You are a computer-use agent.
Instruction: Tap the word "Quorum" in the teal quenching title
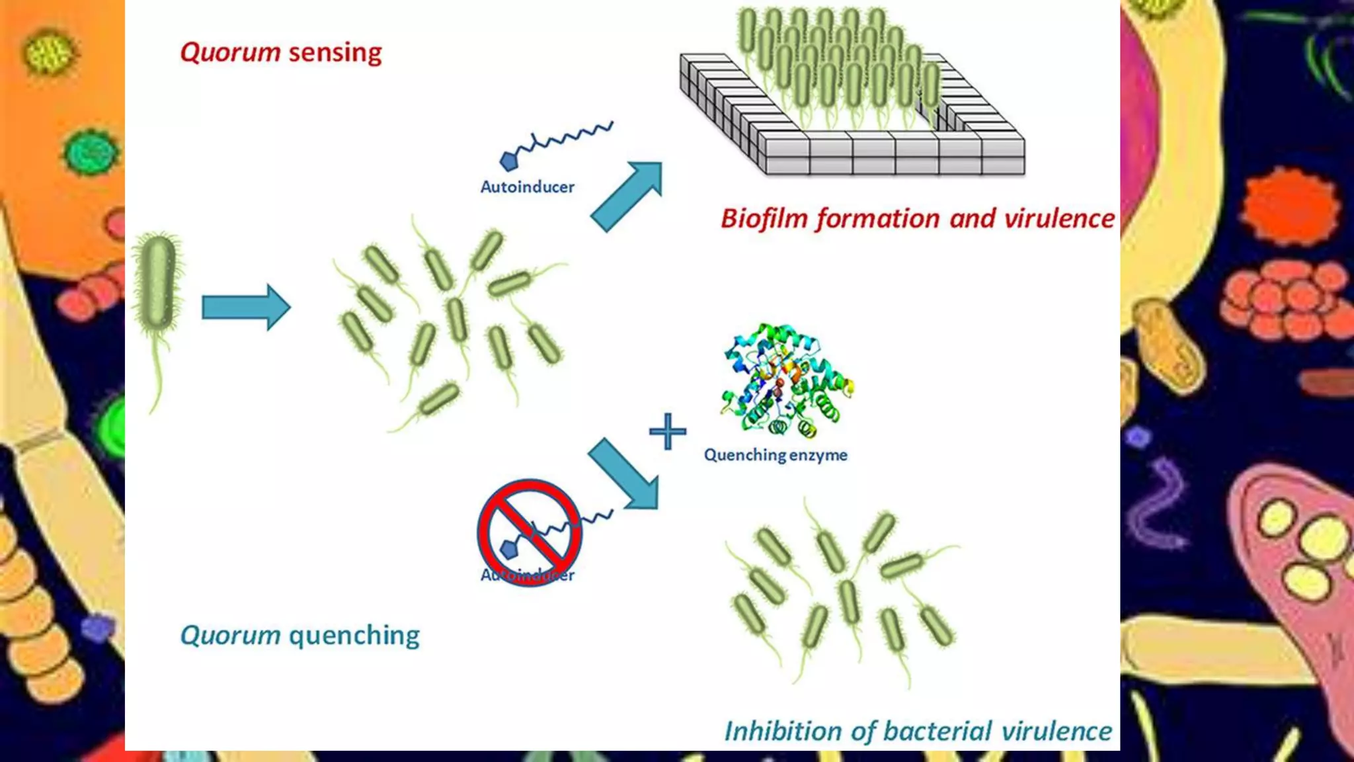pyautogui.click(x=230, y=636)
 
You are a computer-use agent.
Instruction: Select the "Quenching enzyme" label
pyautogui.click(x=775, y=455)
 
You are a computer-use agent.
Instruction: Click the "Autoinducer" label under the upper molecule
pyautogui.click(x=527, y=187)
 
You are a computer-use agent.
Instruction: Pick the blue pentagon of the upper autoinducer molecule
pyautogui.click(x=508, y=161)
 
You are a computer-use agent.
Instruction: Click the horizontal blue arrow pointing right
pyautogui.click(x=246, y=307)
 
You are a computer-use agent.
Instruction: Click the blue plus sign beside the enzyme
pyautogui.click(x=668, y=431)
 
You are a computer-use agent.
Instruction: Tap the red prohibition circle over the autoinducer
pyautogui.click(x=529, y=532)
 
